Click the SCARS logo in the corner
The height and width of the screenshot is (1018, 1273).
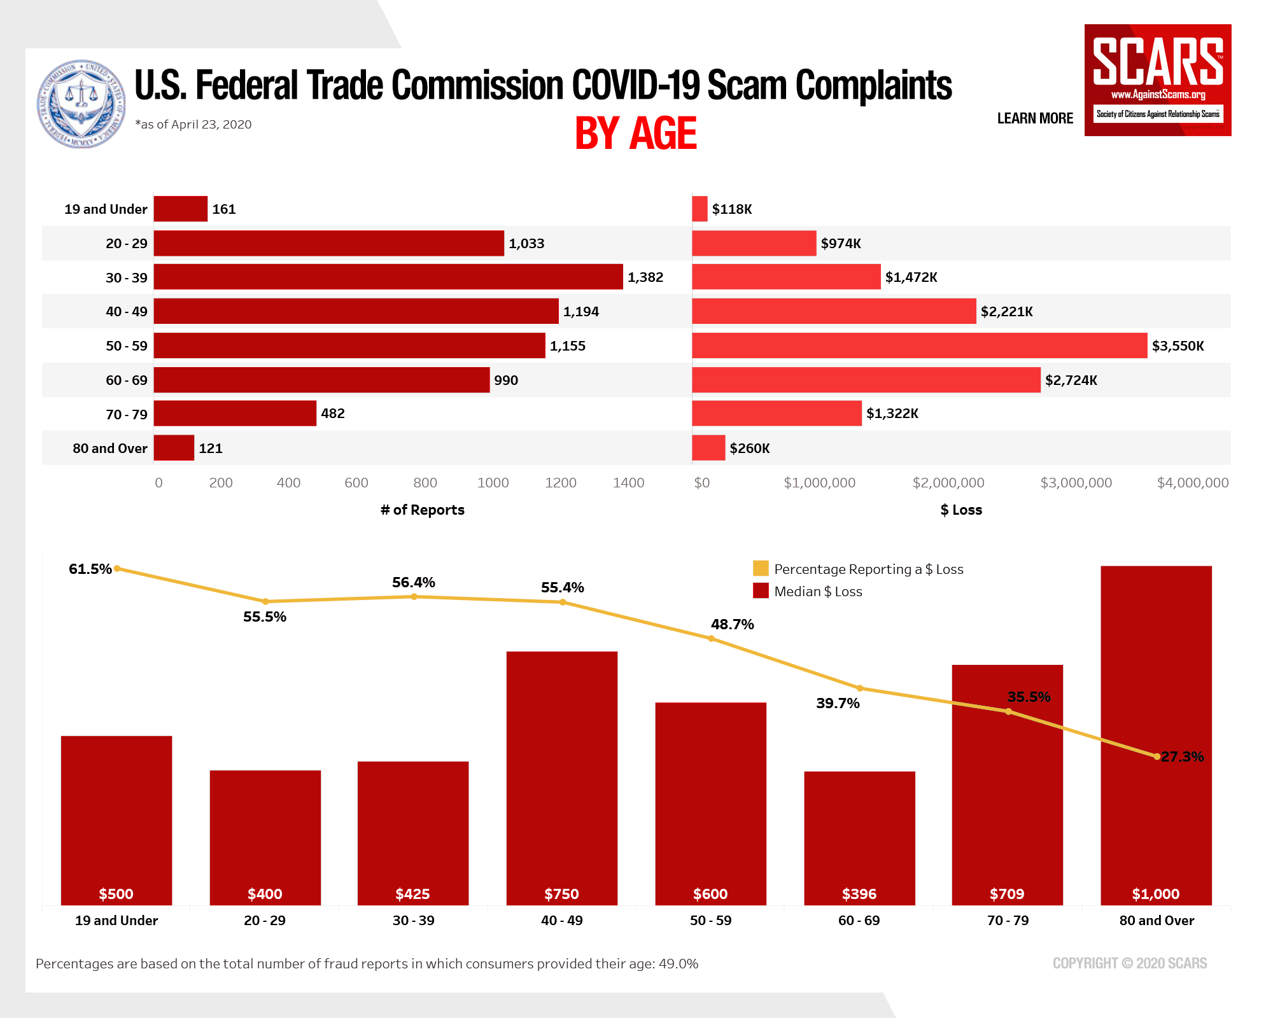pyautogui.click(x=1157, y=80)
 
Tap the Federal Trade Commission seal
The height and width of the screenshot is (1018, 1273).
pyautogui.click(x=81, y=104)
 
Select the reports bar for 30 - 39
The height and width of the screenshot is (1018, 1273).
pyautogui.click(x=388, y=277)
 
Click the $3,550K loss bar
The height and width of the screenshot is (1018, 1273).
pyautogui.click(x=919, y=345)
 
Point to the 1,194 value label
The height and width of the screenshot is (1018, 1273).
pyautogui.click(x=580, y=312)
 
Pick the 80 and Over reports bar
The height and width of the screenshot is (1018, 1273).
pyautogui.click(x=174, y=448)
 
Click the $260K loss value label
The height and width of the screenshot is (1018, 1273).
pyautogui.click(x=749, y=449)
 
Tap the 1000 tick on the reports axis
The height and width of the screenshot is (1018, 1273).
pyautogui.click(x=493, y=483)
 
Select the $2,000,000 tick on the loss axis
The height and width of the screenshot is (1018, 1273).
pyautogui.click(x=948, y=483)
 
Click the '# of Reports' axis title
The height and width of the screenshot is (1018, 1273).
pyautogui.click(x=423, y=510)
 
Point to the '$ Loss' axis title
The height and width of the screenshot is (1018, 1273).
pyautogui.click(x=961, y=510)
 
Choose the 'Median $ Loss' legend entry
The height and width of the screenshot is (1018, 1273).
pyautogui.click(x=818, y=592)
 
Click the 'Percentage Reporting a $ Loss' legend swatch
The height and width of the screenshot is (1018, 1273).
pyautogui.click(x=761, y=568)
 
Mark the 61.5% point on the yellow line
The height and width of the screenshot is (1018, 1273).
pyautogui.click(x=117, y=569)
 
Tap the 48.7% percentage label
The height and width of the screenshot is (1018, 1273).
pyautogui.click(x=732, y=624)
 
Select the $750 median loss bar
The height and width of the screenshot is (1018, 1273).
pyautogui.click(x=561, y=776)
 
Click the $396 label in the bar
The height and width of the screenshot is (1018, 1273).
pyautogui.click(x=859, y=894)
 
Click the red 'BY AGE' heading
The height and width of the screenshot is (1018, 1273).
pyautogui.click(x=635, y=134)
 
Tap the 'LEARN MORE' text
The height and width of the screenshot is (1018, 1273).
pyautogui.click(x=1035, y=118)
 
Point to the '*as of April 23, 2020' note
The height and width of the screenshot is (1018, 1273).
pyautogui.click(x=193, y=125)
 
